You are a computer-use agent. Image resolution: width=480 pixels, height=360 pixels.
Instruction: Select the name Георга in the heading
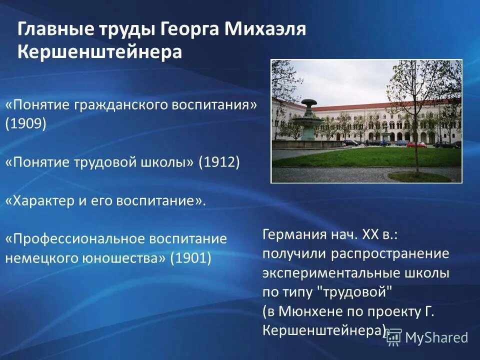point(190,29)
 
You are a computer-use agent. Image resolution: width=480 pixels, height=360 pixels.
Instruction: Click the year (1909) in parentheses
point(26,123)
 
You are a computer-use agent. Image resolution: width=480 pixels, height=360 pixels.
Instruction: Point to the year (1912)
point(219,162)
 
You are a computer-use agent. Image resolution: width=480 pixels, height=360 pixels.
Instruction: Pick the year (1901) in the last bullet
point(190,258)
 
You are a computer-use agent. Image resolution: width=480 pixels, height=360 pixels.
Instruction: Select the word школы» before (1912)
point(168,162)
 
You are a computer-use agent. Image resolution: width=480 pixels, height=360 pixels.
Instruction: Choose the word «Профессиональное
point(75,239)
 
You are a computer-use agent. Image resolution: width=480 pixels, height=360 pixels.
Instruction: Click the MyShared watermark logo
point(427,337)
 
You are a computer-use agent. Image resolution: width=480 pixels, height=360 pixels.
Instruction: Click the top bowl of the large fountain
point(308,102)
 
